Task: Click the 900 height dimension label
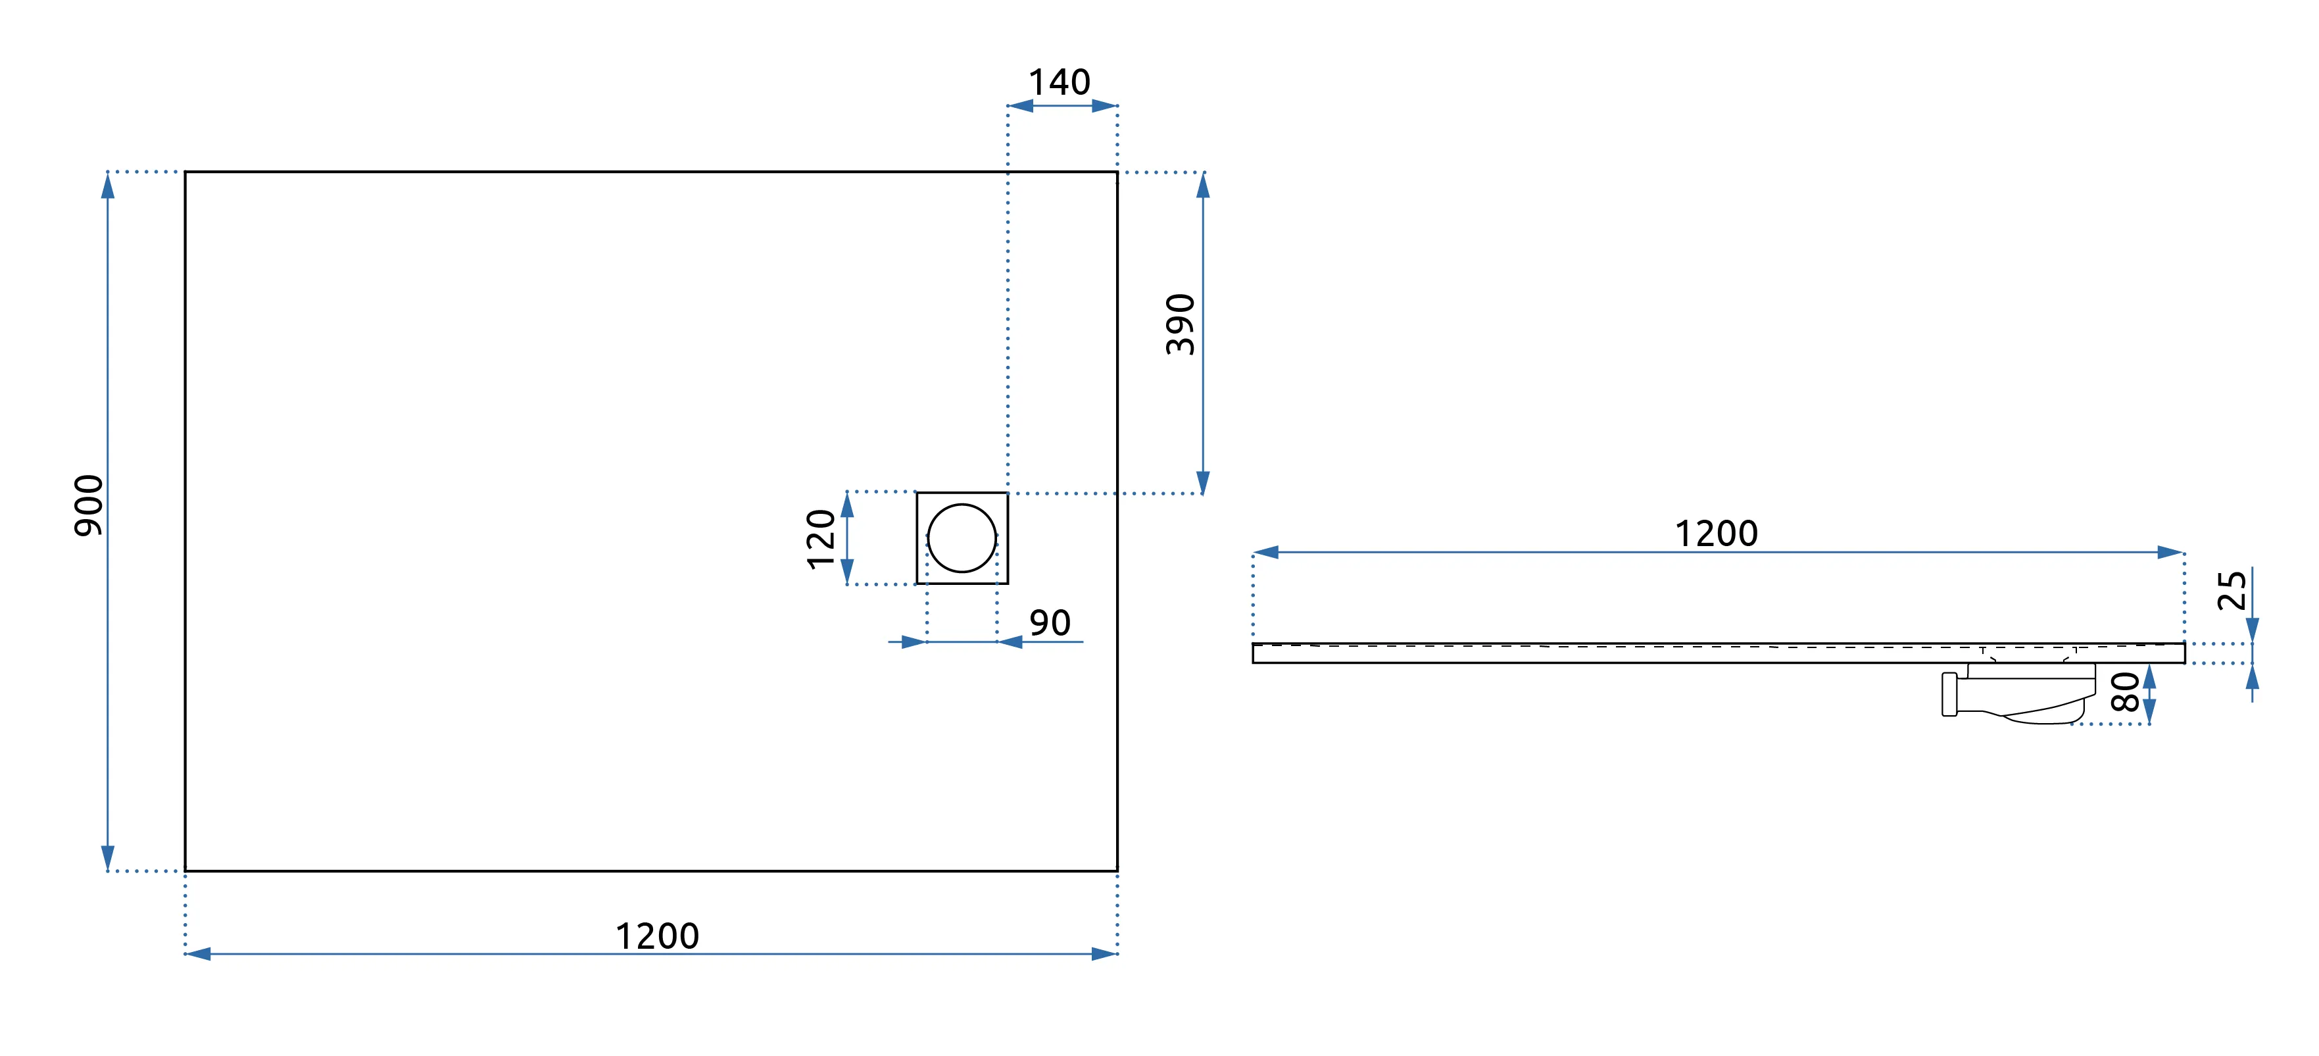(89, 505)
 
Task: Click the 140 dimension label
(1060, 83)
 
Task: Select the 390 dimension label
(1180, 324)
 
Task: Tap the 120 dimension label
(821, 538)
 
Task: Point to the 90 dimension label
(1050, 623)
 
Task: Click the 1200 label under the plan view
(657, 936)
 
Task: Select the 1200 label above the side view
(1716, 534)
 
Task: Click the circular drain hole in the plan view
(962, 538)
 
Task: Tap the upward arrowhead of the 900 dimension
(108, 186)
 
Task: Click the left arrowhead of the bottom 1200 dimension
(198, 954)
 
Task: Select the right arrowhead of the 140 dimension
(1105, 106)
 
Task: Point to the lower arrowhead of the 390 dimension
(1203, 482)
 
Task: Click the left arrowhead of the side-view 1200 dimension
(1266, 553)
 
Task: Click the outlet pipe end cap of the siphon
(1949, 694)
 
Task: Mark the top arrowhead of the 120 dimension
(847, 506)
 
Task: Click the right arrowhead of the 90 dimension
(1010, 642)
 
